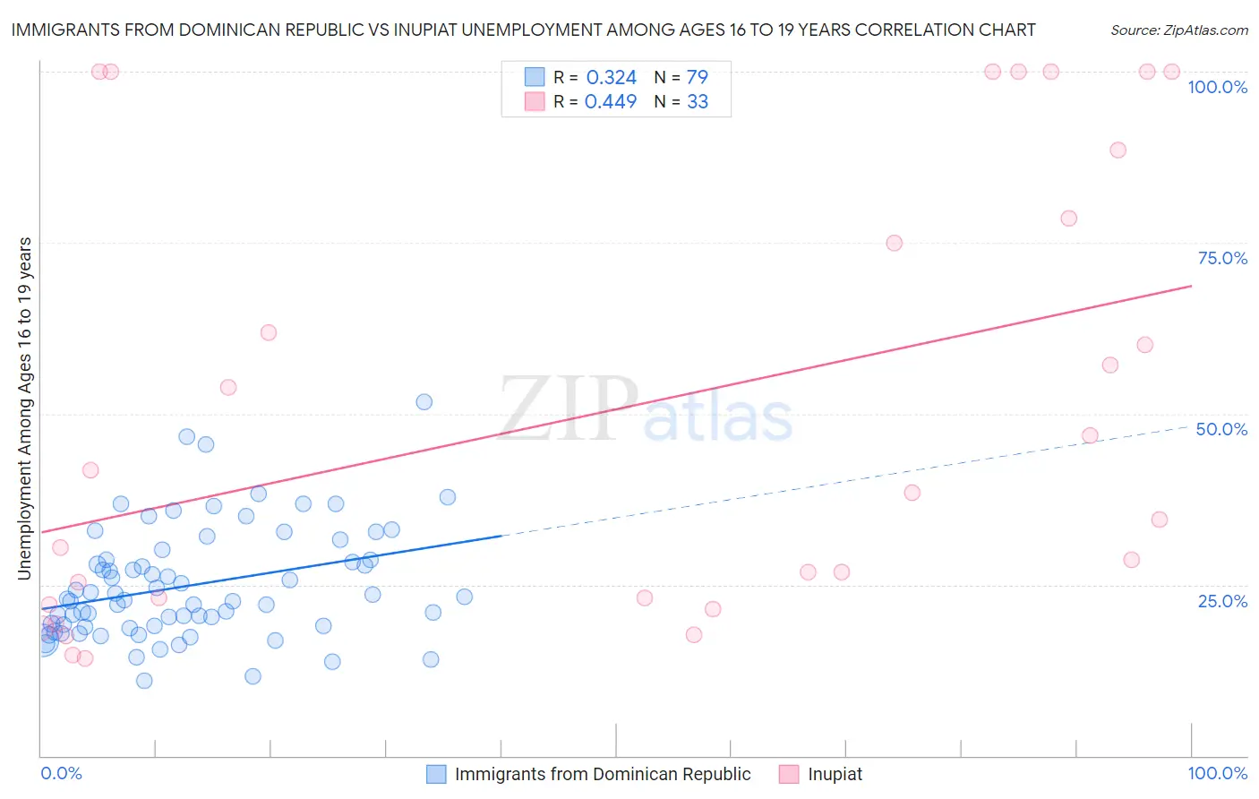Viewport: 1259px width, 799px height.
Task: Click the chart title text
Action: (x=523, y=30)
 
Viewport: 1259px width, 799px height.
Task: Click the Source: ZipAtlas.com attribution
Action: (x=1178, y=30)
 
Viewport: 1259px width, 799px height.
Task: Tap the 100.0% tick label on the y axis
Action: (x=1217, y=87)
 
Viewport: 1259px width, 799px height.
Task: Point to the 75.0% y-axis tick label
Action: (x=1222, y=258)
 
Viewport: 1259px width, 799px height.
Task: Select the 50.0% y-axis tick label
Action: (x=1221, y=429)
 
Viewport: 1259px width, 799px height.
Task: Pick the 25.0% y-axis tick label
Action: (x=1222, y=600)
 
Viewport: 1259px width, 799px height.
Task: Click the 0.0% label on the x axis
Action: (x=61, y=773)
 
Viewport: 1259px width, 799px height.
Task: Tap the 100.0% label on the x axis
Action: (x=1217, y=773)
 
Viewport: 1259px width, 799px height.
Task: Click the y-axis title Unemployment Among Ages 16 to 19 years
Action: (x=24, y=408)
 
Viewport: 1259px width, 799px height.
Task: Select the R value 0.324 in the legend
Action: (x=611, y=77)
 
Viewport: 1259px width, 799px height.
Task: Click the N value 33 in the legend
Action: (x=698, y=102)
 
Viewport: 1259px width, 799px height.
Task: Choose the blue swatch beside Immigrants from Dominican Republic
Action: (x=436, y=774)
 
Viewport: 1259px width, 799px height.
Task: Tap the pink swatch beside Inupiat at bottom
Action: (x=789, y=774)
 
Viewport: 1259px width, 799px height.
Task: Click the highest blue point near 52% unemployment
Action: (x=424, y=402)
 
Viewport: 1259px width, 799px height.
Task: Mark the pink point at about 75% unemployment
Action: (x=894, y=243)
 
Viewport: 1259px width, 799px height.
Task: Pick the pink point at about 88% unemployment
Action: (x=1118, y=150)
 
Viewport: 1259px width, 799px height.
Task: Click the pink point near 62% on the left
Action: (x=269, y=332)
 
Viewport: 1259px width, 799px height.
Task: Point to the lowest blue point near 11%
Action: (x=144, y=681)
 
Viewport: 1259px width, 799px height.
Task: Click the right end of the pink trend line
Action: (x=1191, y=286)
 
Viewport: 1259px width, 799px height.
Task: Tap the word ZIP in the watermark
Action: (x=569, y=409)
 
